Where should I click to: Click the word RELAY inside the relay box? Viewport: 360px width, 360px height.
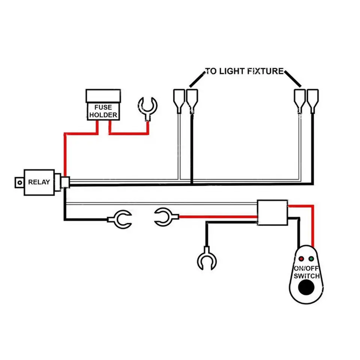(39, 182)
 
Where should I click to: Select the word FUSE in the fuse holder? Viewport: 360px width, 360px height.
(103, 107)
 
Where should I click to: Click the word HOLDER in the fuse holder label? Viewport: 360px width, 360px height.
(103, 115)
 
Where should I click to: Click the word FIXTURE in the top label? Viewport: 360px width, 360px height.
(265, 71)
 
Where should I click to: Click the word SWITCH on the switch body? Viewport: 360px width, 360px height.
(306, 276)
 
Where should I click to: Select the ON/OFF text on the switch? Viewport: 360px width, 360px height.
(306, 268)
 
